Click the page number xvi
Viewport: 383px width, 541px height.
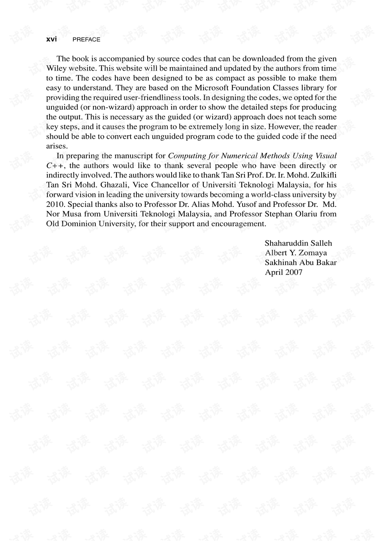[x=51, y=39]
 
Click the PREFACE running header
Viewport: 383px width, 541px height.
[x=87, y=39]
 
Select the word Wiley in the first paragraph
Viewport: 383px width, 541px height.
[x=56, y=68]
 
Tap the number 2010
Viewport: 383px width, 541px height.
[x=55, y=205]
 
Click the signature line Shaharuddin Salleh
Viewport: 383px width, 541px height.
[x=298, y=243]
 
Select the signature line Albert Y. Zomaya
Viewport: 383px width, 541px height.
[x=296, y=253]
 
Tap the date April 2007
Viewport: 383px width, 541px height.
[x=284, y=272]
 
